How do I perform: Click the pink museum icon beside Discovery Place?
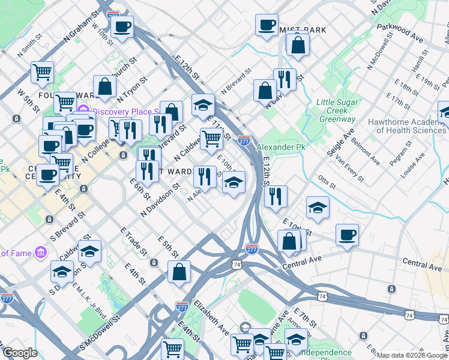[83, 111]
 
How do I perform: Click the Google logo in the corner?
[19, 353]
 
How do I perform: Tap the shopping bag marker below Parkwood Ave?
[298, 43]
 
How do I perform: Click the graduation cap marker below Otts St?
[318, 207]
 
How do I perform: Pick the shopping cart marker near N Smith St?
[42, 72]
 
